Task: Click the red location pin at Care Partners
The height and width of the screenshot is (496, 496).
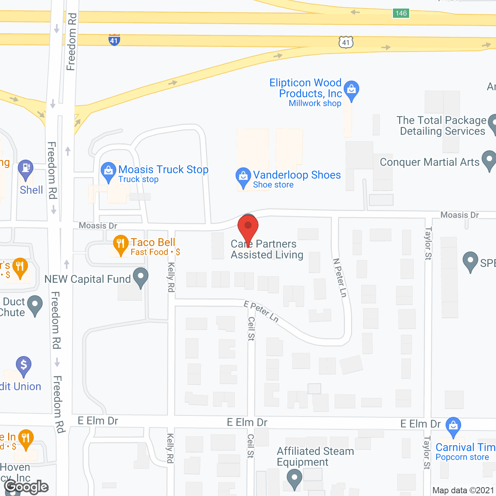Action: coord(248,227)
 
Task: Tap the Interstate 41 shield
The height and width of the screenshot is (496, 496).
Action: coord(114,40)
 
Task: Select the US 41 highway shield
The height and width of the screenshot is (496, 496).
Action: coord(346,42)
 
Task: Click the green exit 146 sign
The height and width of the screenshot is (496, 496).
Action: coord(401,13)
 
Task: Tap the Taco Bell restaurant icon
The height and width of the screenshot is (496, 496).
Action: coord(121,244)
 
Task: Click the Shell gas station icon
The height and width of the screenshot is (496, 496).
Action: coord(26,169)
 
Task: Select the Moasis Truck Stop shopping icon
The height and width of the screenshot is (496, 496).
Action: coord(108,171)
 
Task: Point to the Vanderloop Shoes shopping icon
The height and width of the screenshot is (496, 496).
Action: coord(243,176)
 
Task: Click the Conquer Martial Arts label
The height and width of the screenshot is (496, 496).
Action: coord(429,162)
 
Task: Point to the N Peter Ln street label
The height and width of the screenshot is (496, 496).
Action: coord(340,278)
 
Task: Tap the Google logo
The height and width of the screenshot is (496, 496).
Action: coord(26,487)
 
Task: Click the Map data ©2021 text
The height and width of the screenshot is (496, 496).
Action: coord(463,490)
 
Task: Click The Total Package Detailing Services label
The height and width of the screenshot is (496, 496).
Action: coord(442,126)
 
